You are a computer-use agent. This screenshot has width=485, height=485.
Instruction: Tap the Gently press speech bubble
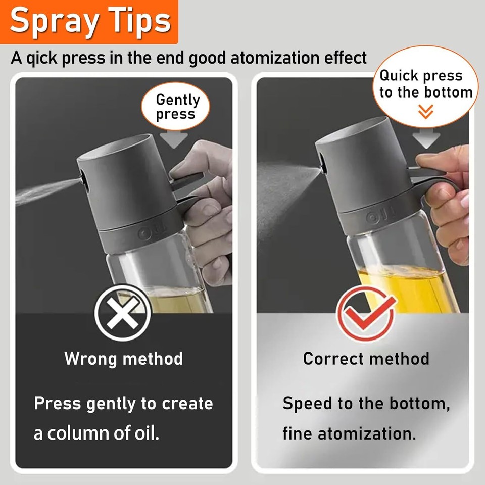point(177,107)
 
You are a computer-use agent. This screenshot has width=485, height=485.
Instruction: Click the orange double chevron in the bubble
point(426,111)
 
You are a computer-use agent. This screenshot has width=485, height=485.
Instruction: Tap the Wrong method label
point(123,359)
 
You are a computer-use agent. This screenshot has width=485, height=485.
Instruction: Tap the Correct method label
point(366,359)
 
